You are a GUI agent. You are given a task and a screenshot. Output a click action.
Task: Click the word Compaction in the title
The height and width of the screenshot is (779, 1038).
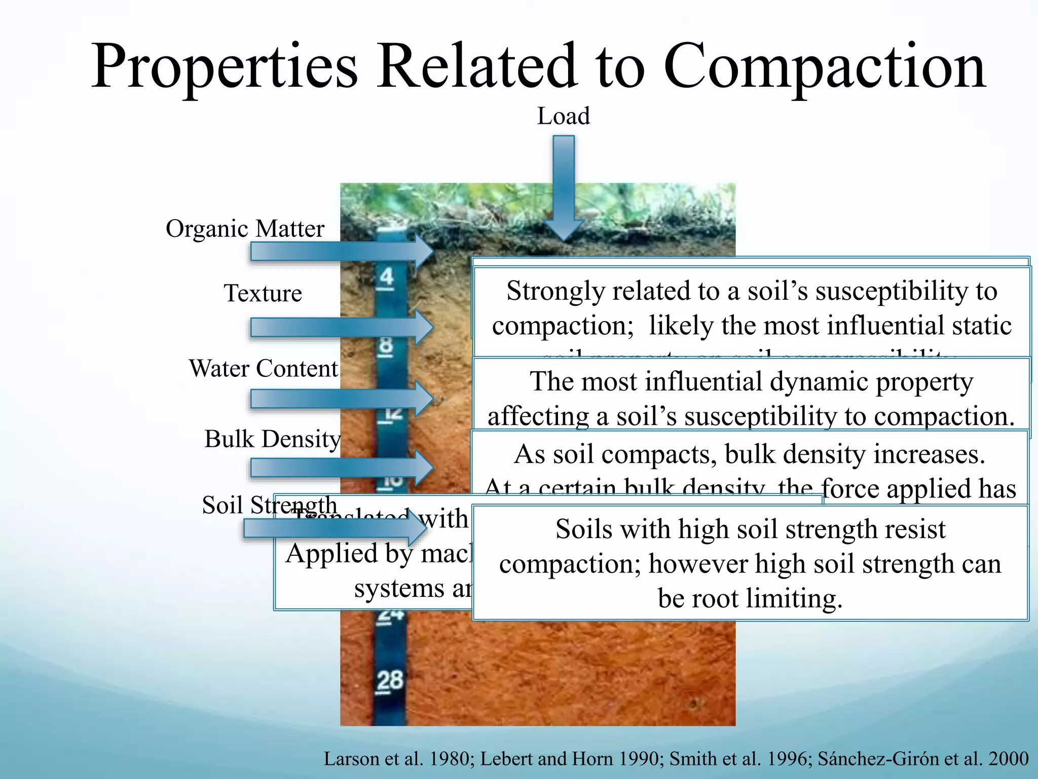(825, 67)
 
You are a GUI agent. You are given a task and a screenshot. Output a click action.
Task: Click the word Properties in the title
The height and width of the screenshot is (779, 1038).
(225, 67)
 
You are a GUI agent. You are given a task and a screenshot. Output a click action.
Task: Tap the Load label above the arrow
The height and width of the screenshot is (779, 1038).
(563, 116)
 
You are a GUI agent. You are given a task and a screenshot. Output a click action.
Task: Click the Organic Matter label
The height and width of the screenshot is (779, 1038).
(245, 229)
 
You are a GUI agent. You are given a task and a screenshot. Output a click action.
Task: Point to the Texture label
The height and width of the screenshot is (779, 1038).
(263, 293)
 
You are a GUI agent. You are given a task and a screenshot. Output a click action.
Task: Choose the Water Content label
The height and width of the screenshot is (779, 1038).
(263, 368)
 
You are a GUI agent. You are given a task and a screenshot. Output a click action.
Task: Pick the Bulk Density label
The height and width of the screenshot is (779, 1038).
(272, 439)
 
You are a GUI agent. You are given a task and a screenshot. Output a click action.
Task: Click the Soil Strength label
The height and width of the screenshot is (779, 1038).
(269, 505)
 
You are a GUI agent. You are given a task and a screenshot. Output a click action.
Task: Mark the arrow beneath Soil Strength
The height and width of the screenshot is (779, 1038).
(335, 529)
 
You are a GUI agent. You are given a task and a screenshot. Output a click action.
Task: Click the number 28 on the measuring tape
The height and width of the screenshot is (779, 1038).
(389, 680)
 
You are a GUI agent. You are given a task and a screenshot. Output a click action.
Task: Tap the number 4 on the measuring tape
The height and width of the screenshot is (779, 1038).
(386, 277)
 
